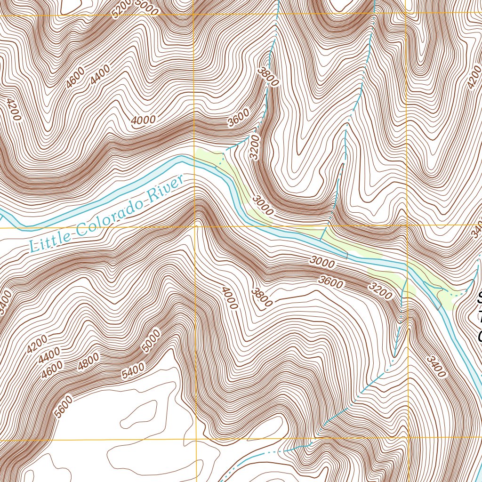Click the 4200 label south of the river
point(37,344)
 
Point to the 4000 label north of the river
point(143,120)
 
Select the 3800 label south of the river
point(261,296)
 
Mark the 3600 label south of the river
point(330,281)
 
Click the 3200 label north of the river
point(255,147)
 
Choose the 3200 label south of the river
point(381,291)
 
